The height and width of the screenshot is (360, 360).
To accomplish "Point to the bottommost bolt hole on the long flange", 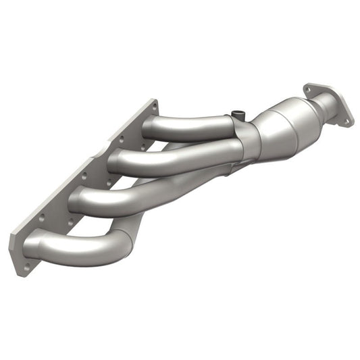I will point(27,265).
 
